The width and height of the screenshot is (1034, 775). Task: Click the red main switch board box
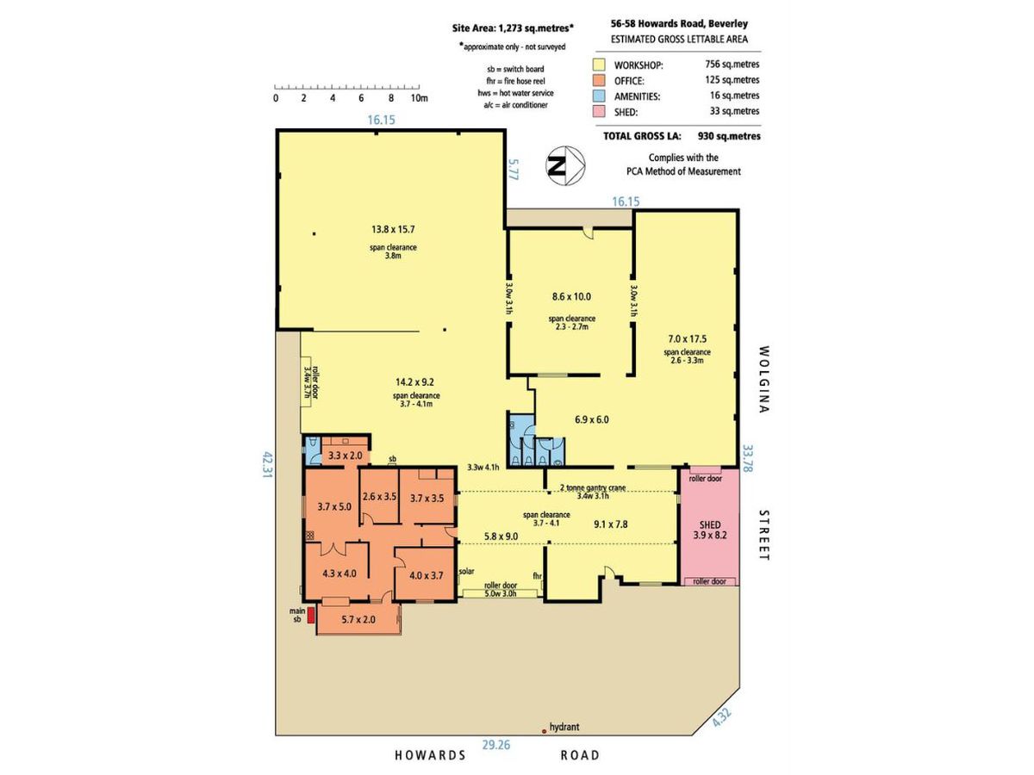click(311, 616)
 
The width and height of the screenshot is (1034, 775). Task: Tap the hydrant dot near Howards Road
click(544, 731)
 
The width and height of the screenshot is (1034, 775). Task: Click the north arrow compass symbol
click(565, 165)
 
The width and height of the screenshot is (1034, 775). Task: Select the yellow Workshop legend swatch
click(599, 65)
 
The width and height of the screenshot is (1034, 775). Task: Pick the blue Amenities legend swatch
click(599, 96)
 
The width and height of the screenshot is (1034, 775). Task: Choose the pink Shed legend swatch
click(599, 112)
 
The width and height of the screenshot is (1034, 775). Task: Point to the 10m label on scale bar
click(420, 98)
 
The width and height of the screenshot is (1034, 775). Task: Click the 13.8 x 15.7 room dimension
click(393, 229)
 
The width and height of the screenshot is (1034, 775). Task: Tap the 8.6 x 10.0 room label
click(571, 296)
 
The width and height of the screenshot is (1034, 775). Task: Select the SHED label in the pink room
click(710, 524)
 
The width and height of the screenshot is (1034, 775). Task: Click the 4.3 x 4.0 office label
click(339, 573)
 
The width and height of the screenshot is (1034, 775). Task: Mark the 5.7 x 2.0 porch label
click(358, 620)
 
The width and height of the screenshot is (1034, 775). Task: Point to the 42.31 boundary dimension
click(267, 465)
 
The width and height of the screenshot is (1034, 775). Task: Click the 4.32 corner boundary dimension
click(722, 718)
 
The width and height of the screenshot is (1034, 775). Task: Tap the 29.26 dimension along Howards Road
click(496, 745)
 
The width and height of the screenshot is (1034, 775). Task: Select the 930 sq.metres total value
click(729, 136)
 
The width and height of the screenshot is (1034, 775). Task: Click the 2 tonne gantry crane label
click(593, 487)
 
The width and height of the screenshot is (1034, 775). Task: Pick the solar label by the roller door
click(466, 571)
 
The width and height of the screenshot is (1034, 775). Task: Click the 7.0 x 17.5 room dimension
click(688, 338)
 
